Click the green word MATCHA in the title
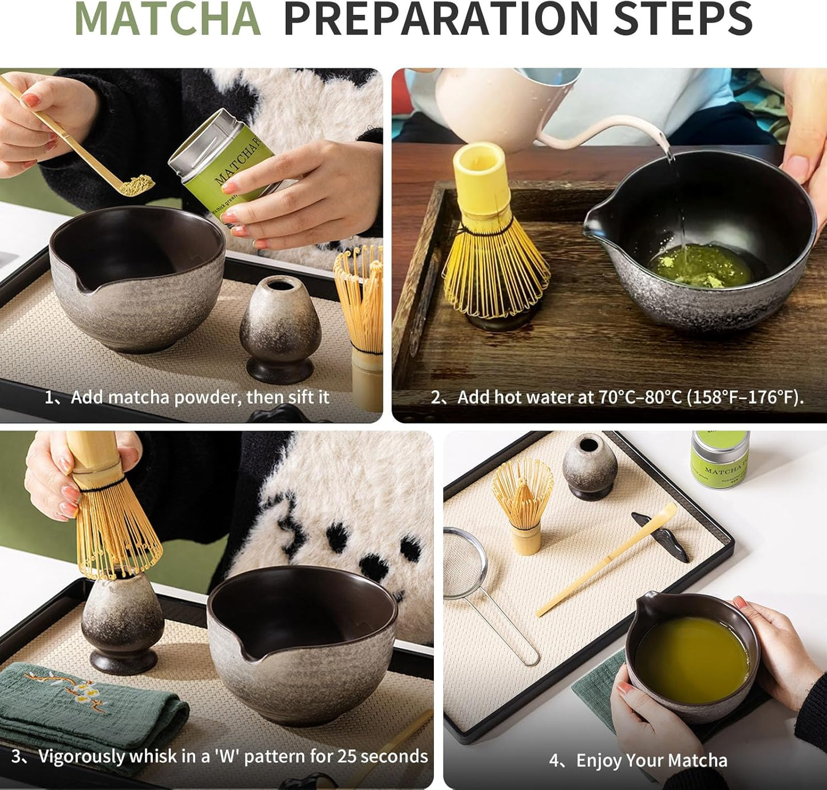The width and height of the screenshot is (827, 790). click(167, 19)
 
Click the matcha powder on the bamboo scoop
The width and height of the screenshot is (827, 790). click(137, 185)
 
